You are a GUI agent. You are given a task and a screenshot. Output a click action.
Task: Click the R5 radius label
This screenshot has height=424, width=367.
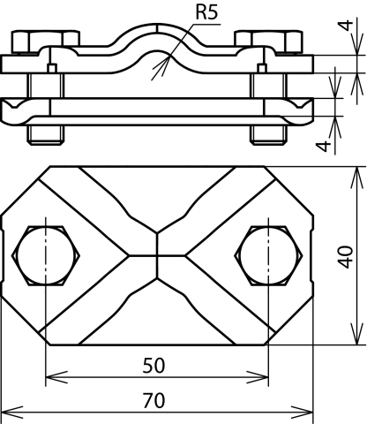click(206, 12)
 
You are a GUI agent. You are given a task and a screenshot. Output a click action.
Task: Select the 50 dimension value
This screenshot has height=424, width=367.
click(154, 366)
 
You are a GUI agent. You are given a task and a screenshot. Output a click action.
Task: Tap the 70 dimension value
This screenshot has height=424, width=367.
click(154, 401)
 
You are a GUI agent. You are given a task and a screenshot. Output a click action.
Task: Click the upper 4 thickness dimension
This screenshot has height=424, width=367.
click(347, 26)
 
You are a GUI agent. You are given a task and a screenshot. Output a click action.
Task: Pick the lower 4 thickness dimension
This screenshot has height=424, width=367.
click(323, 146)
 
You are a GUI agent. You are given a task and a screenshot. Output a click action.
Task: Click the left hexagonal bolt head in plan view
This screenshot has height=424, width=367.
click(46, 255)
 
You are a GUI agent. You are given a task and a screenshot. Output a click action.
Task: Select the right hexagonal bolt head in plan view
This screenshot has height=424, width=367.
click(268, 255)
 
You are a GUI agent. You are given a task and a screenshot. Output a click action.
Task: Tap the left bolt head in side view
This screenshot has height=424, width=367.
click(46, 42)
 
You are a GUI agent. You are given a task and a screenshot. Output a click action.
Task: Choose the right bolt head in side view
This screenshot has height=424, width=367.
click(268, 42)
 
